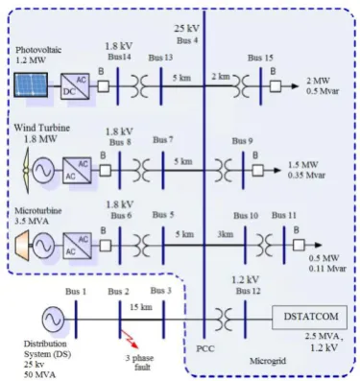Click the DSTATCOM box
point(309,318)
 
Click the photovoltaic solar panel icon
point(31,84)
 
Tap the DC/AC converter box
point(76,86)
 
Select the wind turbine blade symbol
point(26,171)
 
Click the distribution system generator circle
point(53,319)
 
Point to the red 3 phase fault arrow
point(130,339)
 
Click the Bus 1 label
point(76,292)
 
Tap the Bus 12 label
point(248,291)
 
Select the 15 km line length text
point(141,307)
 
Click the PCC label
point(205,348)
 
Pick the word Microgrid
point(268,361)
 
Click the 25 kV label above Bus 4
point(186,29)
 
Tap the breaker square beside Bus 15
point(276,86)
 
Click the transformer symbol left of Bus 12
point(223,319)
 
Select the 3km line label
point(226,234)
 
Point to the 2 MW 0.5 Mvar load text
point(322,85)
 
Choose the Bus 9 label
point(242,141)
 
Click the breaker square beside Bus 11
point(299,245)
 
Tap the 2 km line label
point(221,77)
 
